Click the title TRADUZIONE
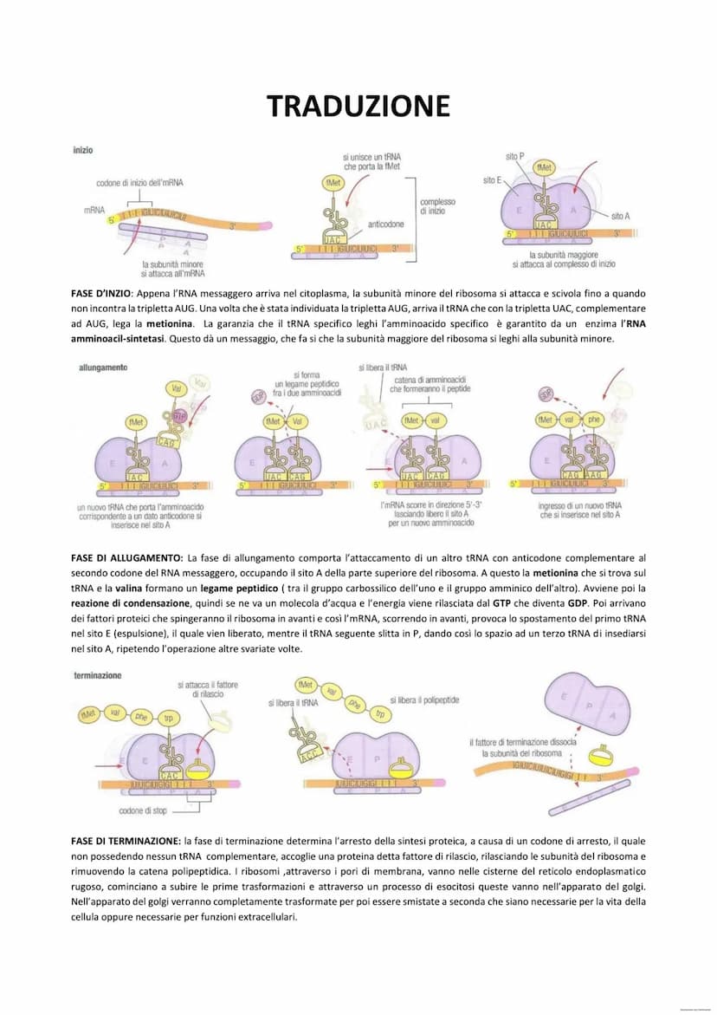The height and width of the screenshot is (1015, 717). point(358,106)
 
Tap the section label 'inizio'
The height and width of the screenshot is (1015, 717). point(83,150)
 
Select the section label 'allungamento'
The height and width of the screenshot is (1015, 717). point(103,368)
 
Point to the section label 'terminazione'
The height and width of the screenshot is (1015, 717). point(98,674)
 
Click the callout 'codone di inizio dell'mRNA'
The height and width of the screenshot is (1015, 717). point(139,183)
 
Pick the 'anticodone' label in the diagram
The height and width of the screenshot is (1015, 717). point(385,224)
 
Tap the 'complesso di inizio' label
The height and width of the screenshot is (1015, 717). point(437,206)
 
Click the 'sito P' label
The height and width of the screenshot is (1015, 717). point(514,157)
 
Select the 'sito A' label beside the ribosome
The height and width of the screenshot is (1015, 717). point(620,216)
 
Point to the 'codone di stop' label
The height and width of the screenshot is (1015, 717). point(143,811)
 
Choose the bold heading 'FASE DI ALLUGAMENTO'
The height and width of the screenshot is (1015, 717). point(126,557)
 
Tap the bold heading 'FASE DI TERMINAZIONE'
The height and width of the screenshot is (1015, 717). point(126,841)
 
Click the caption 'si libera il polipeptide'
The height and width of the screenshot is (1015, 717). point(424,699)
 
